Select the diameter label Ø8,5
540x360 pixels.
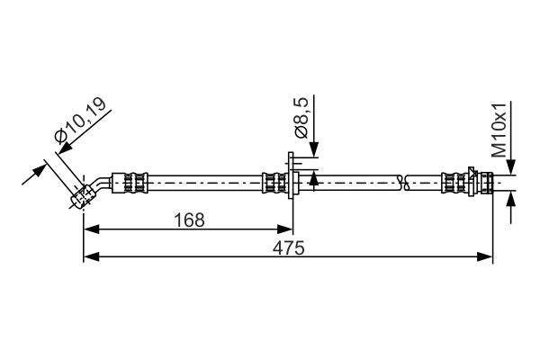(301, 121)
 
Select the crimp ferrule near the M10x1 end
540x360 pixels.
(458, 184)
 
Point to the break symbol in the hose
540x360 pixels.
(407, 183)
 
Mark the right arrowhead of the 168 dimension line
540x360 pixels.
(288, 229)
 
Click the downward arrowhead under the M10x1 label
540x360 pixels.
(510, 167)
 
